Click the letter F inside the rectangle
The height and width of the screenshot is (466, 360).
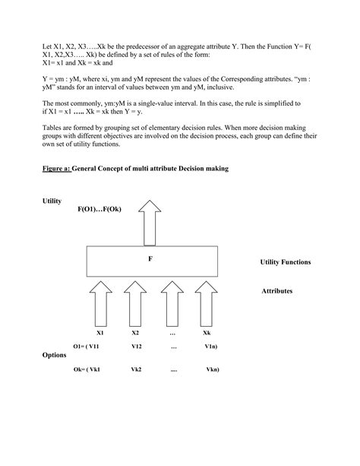[150, 259]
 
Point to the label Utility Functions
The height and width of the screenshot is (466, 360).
[286, 262]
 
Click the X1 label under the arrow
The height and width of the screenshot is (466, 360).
[99, 333]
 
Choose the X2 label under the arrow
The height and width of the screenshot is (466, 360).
[135, 333]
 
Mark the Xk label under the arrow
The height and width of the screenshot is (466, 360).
[206, 333]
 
